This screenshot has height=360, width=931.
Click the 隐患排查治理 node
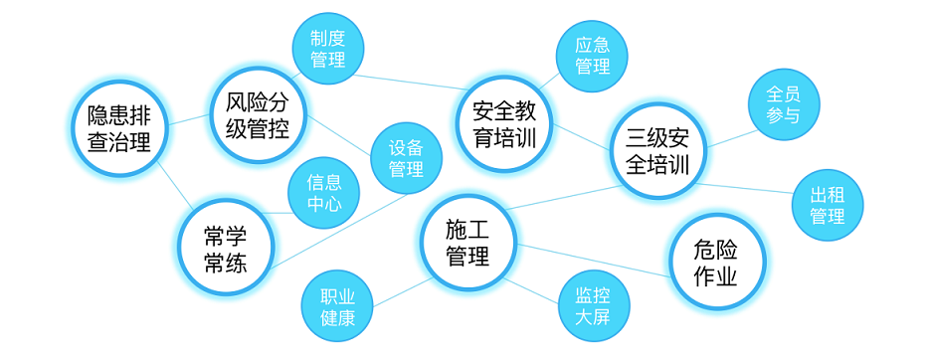tap(118, 128)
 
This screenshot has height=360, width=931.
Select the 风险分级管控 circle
tap(258, 114)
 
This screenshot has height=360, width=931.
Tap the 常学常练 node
tap(225, 249)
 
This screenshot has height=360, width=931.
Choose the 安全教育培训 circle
tap(505, 124)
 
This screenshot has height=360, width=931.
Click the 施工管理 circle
tap(467, 243)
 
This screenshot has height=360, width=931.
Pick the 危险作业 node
tap(715, 263)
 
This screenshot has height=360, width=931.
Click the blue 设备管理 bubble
tap(406, 157)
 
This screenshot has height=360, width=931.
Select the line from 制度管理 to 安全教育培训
tap(408, 83)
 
